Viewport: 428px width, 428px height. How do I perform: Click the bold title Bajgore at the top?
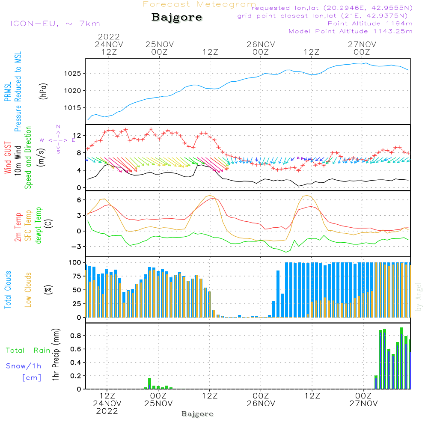tap(177, 18)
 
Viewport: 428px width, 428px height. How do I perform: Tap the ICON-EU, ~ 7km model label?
tap(55, 24)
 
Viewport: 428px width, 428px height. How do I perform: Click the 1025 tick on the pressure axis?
tap(75, 73)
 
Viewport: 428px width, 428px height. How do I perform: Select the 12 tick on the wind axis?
tap(78, 136)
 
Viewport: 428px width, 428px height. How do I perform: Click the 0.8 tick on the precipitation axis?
tap(76, 336)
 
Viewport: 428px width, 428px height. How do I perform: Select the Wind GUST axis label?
tap(8, 155)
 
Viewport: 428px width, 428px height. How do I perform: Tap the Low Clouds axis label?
tap(28, 290)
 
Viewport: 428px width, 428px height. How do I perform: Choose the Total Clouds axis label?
tap(8, 290)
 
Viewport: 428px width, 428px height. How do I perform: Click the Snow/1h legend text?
tap(24, 366)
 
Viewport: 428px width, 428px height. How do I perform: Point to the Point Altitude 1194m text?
tap(370, 23)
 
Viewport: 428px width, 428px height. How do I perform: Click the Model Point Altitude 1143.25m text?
tap(351, 31)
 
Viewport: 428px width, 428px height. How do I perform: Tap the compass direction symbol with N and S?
tap(58, 139)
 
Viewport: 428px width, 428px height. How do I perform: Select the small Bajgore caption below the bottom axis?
tap(197, 414)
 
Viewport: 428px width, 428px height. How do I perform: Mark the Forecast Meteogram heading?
tap(199, 5)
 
